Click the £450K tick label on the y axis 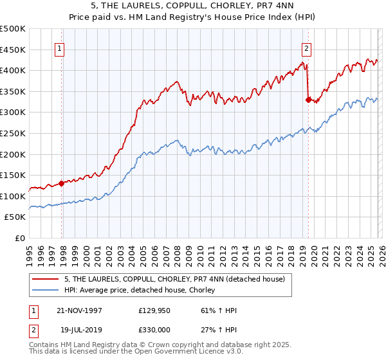point(13,50)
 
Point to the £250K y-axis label point(13,133)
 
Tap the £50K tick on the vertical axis point(15,217)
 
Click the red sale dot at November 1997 point(62,183)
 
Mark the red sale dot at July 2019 point(308,99)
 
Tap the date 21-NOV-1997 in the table point(79,310)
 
